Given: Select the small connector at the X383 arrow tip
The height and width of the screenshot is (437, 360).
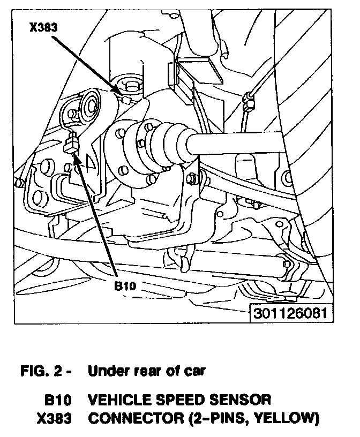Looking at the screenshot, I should click(124, 98).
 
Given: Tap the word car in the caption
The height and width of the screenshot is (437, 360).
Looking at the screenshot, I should click(194, 371).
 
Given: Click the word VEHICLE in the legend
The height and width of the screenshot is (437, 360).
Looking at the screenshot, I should click(119, 400).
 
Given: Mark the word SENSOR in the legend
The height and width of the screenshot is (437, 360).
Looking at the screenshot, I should click(243, 400).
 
